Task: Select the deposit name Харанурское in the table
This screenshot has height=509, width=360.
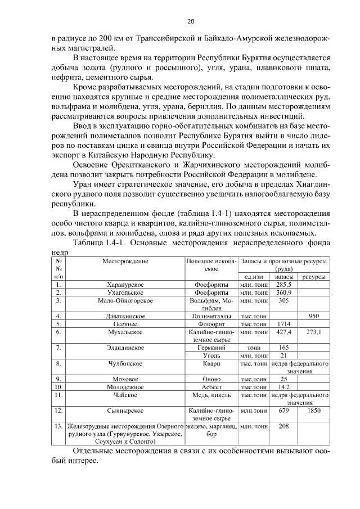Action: [125, 285]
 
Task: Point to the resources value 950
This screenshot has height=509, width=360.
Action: [314, 317]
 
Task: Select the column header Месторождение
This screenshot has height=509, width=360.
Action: [125, 262]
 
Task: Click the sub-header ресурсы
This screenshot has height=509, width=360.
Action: [314, 277]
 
